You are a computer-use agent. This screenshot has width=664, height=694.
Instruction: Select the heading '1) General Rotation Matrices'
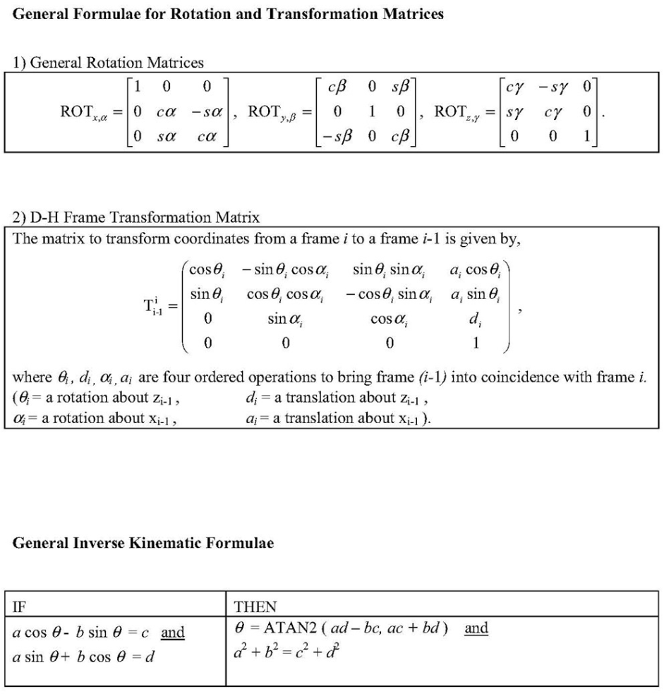(109, 63)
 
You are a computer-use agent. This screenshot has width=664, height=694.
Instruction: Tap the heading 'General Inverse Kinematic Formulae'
(144, 543)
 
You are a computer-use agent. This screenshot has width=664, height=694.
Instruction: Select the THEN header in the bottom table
(255, 607)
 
